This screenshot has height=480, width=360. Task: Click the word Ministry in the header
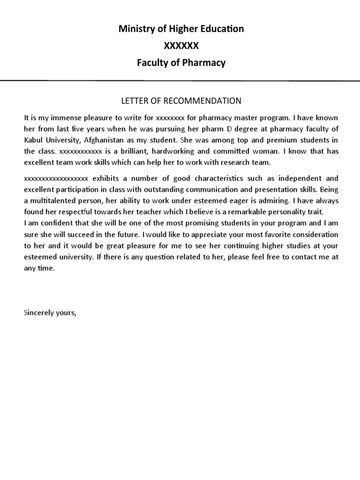pos(134,29)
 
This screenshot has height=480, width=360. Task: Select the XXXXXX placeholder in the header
pos(180,46)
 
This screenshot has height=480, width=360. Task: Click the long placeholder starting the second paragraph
pos(56,179)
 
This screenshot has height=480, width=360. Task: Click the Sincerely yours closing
pos(50,313)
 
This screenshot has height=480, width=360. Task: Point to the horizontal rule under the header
pos(180,81)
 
